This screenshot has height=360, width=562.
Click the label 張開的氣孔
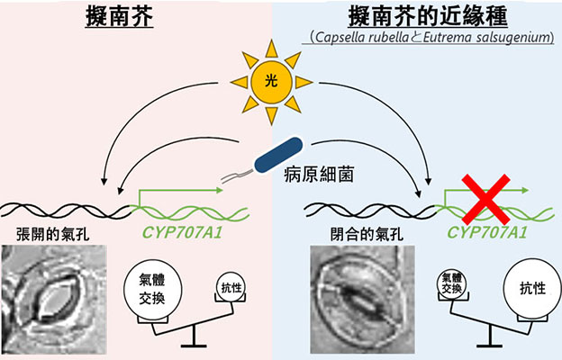click(x=50, y=235)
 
